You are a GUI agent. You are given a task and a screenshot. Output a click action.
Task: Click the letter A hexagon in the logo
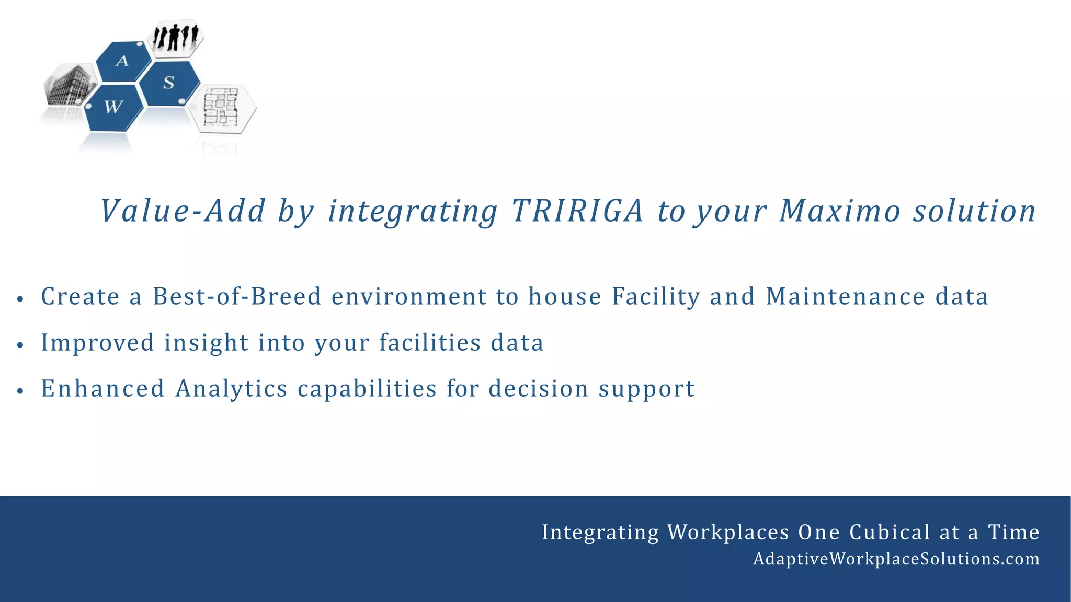pos(122,61)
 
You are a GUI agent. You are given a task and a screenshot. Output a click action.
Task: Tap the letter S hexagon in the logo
pos(169,83)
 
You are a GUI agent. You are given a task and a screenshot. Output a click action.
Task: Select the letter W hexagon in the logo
pos(113,108)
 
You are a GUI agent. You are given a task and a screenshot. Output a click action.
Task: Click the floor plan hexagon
pos(222,108)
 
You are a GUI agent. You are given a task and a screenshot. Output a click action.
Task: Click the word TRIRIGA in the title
pos(577,211)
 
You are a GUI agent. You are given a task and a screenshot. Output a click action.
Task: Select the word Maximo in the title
pos(840,211)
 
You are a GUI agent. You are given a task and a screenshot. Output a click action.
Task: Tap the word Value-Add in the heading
pos(183,211)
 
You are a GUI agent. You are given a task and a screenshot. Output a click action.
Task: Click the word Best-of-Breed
pos(236,296)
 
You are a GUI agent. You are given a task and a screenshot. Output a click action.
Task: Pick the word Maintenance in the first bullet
pos(845,296)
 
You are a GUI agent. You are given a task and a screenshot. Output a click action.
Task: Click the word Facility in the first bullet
pos(656,296)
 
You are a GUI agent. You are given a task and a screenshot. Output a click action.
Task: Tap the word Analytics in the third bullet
pos(231,389)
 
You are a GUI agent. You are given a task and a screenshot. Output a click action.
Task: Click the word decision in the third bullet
pos(539,389)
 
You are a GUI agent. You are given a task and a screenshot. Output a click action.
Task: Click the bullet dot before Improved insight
pos(20,345)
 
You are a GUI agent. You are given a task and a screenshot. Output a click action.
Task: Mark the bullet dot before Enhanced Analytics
pos(20,391)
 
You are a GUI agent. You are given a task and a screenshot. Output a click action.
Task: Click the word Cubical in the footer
pos(889,532)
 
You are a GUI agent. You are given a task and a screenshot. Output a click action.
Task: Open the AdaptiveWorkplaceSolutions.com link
pos(896,559)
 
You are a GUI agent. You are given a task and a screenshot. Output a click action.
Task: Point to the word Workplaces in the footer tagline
pos(728,532)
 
